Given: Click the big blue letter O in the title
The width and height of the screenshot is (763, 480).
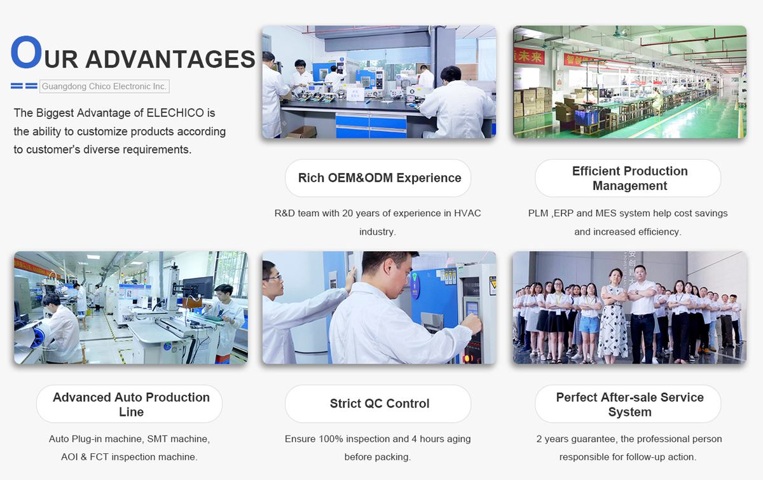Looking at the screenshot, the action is click(26, 52).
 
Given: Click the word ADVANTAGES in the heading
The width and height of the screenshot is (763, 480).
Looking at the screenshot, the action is click(170, 59).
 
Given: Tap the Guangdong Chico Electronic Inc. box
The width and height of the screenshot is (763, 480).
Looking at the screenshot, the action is click(104, 86).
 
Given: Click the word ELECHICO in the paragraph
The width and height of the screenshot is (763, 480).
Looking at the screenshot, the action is click(175, 113).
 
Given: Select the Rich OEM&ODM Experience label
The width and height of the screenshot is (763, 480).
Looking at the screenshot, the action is click(378, 178).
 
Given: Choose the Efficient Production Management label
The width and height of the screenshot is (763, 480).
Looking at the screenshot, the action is click(628, 178).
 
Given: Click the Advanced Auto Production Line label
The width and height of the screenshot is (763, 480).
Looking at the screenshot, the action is click(130, 404).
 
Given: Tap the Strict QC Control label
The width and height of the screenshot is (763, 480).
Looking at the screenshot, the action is click(378, 404).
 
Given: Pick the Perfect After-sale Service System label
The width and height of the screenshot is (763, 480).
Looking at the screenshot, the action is click(628, 404).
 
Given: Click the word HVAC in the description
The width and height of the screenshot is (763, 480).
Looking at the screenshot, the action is click(467, 213).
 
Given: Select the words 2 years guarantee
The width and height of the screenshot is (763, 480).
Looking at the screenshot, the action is click(576, 439).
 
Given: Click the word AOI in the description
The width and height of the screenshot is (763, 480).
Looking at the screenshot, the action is click(69, 457).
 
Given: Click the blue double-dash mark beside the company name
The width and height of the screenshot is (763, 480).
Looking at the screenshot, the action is click(24, 86).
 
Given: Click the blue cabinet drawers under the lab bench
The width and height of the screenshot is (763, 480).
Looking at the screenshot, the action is click(371, 126).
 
